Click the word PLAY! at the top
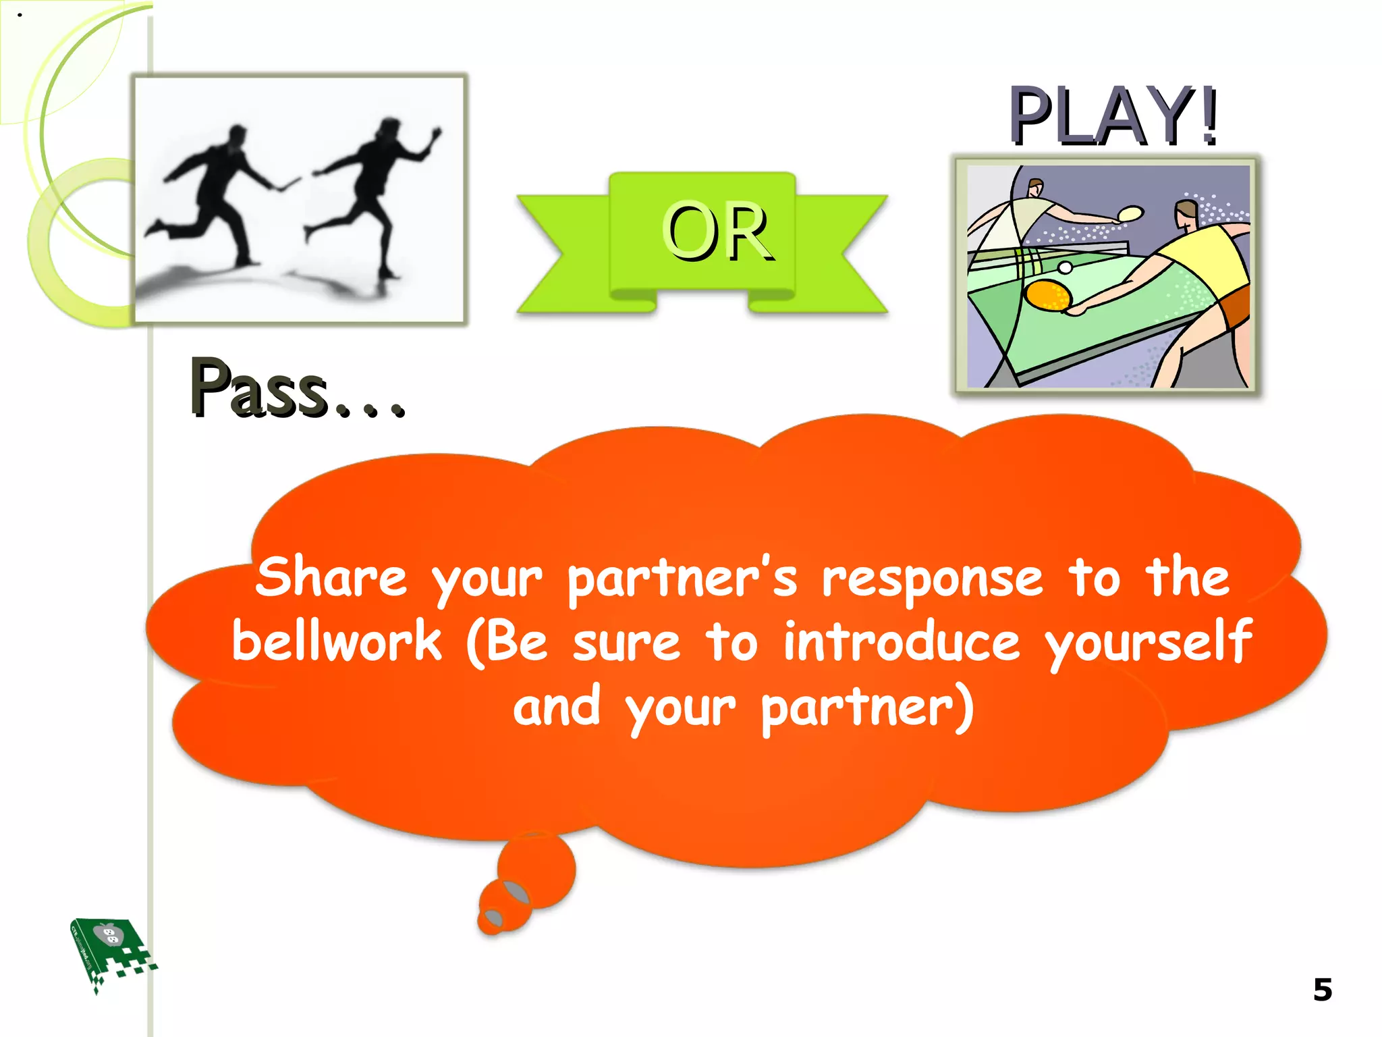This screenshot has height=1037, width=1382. (1113, 116)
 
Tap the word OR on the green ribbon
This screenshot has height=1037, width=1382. (717, 232)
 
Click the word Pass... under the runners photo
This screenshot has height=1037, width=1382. (297, 388)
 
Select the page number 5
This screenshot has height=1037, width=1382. (1322, 990)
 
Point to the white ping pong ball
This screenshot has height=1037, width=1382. (1065, 268)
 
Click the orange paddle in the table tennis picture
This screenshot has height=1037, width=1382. (1048, 295)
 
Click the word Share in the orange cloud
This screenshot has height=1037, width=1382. (331, 577)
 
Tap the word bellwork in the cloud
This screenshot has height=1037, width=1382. (336, 641)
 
